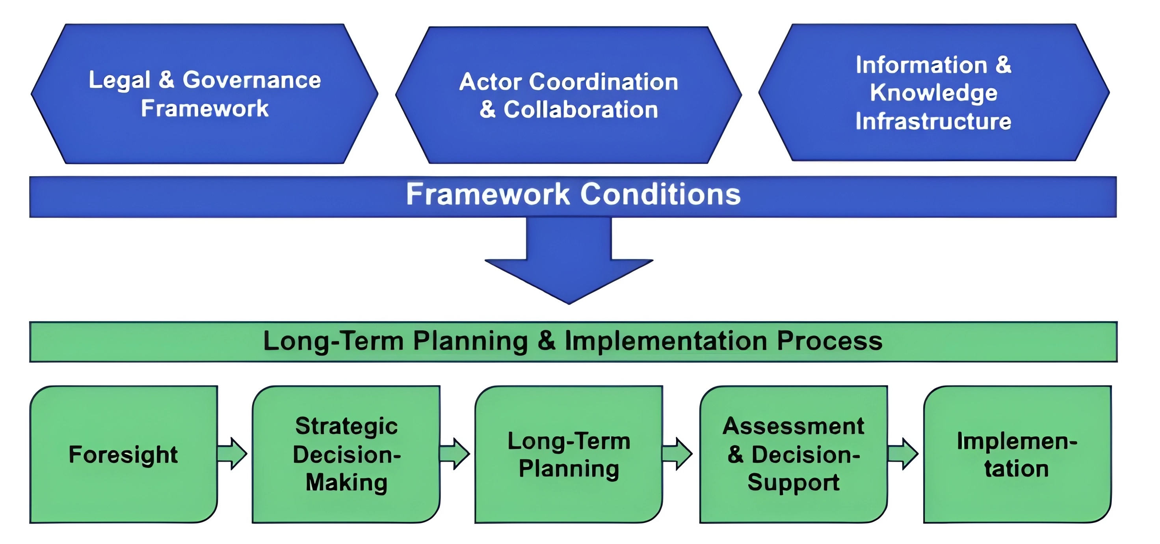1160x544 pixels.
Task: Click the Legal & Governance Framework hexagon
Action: (x=204, y=94)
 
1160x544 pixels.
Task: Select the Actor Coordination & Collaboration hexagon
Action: (x=569, y=95)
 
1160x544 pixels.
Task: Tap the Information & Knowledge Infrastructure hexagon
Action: (x=934, y=92)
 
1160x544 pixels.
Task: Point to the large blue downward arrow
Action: (x=569, y=261)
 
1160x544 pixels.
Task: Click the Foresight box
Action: (x=124, y=455)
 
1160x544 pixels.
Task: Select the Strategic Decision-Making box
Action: (x=346, y=455)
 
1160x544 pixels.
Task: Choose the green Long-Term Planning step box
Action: (x=569, y=455)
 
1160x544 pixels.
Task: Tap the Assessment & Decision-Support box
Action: (x=794, y=455)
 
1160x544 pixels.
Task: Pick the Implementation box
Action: (x=1018, y=455)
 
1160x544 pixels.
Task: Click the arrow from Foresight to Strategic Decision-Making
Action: (x=232, y=453)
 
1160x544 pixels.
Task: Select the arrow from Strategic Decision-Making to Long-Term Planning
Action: (x=455, y=453)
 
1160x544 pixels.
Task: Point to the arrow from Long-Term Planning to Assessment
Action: (x=677, y=453)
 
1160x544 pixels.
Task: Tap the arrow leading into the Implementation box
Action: (x=903, y=453)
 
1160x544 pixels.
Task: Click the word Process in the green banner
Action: (x=829, y=341)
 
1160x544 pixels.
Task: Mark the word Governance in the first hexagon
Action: (x=252, y=80)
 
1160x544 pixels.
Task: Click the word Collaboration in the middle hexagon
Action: (x=581, y=110)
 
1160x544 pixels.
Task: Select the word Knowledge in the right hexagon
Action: (x=933, y=93)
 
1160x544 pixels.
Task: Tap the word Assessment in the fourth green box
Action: (x=794, y=426)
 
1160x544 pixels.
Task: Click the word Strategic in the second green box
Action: (x=346, y=427)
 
